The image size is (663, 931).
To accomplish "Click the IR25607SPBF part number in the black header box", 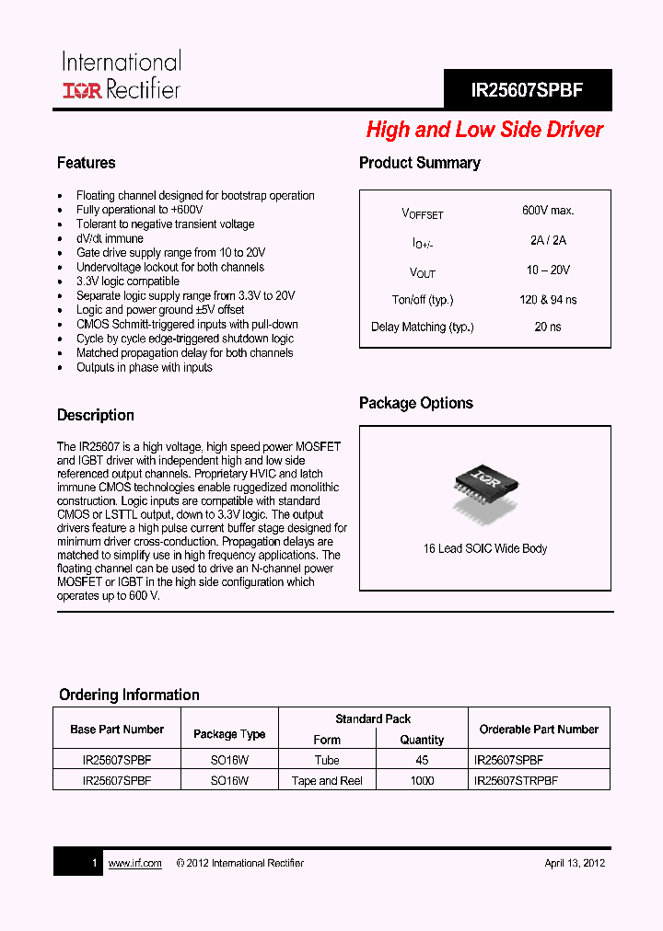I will (527, 91).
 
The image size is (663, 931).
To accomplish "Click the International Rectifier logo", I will (121, 75).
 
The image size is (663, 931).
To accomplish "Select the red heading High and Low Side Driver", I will (484, 130).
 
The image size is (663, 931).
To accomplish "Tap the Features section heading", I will (87, 163).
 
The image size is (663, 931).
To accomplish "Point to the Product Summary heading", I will (419, 163).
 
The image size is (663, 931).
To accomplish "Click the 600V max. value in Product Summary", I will (548, 211).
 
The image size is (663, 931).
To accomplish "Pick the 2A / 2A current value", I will (548, 241).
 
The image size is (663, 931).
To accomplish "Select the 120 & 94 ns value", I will (548, 300).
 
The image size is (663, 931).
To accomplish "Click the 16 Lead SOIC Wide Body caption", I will (484, 548).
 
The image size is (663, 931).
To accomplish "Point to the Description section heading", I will (96, 415).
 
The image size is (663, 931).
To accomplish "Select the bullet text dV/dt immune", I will (110, 238).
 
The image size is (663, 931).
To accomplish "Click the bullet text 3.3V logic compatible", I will (127, 282).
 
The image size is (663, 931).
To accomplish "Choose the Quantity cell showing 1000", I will (422, 780).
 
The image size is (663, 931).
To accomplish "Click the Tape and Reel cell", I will (327, 780).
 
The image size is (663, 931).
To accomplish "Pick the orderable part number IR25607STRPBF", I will (516, 780).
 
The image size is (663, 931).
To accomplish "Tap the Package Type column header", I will (229, 734).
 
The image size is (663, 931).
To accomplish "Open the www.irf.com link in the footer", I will (134, 863).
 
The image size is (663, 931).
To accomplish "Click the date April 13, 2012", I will (574, 863).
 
